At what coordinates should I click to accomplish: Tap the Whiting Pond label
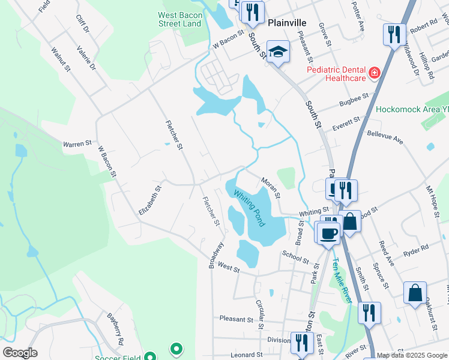249,208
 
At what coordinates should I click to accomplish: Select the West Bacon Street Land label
179,19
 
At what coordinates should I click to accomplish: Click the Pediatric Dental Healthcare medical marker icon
375,73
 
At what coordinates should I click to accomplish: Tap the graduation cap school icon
278,52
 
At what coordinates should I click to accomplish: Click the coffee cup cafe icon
329,233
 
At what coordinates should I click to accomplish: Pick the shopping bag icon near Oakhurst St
415,293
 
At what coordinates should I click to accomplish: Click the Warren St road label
77,144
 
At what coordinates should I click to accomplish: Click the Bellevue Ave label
385,137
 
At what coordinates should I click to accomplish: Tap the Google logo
20,353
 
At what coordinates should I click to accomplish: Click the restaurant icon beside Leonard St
301,343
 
